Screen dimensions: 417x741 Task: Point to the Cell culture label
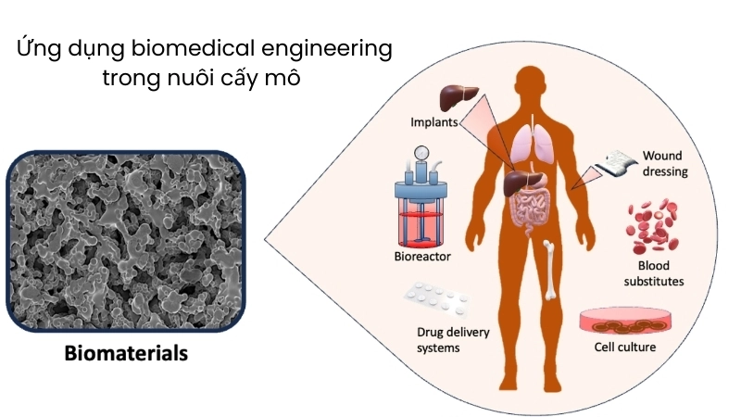624,348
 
